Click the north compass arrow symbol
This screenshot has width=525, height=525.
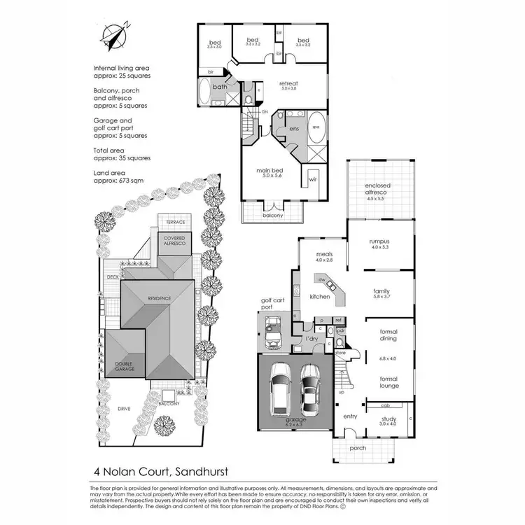click(113, 35)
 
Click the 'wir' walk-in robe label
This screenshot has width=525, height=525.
click(313, 179)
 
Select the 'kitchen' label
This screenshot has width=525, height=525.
click(319, 297)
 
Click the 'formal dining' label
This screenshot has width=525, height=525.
click(388, 335)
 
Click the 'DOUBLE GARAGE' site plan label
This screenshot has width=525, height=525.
click(125, 366)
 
